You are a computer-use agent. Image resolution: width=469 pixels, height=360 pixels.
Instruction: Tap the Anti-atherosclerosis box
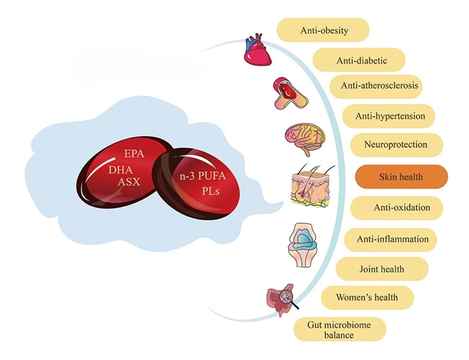coord(380,86)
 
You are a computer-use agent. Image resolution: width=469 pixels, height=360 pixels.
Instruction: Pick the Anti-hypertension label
coord(387,116)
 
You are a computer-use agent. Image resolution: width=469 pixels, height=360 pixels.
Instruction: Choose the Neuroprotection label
coord(395,145)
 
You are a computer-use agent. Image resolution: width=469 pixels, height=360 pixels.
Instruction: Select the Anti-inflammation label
coord(392,239)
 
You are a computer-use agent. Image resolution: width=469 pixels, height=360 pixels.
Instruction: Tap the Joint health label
coord(381,269)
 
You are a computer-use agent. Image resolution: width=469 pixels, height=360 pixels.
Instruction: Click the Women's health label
coord(366,297)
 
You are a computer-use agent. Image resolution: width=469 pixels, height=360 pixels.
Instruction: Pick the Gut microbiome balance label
coord(339,329)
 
